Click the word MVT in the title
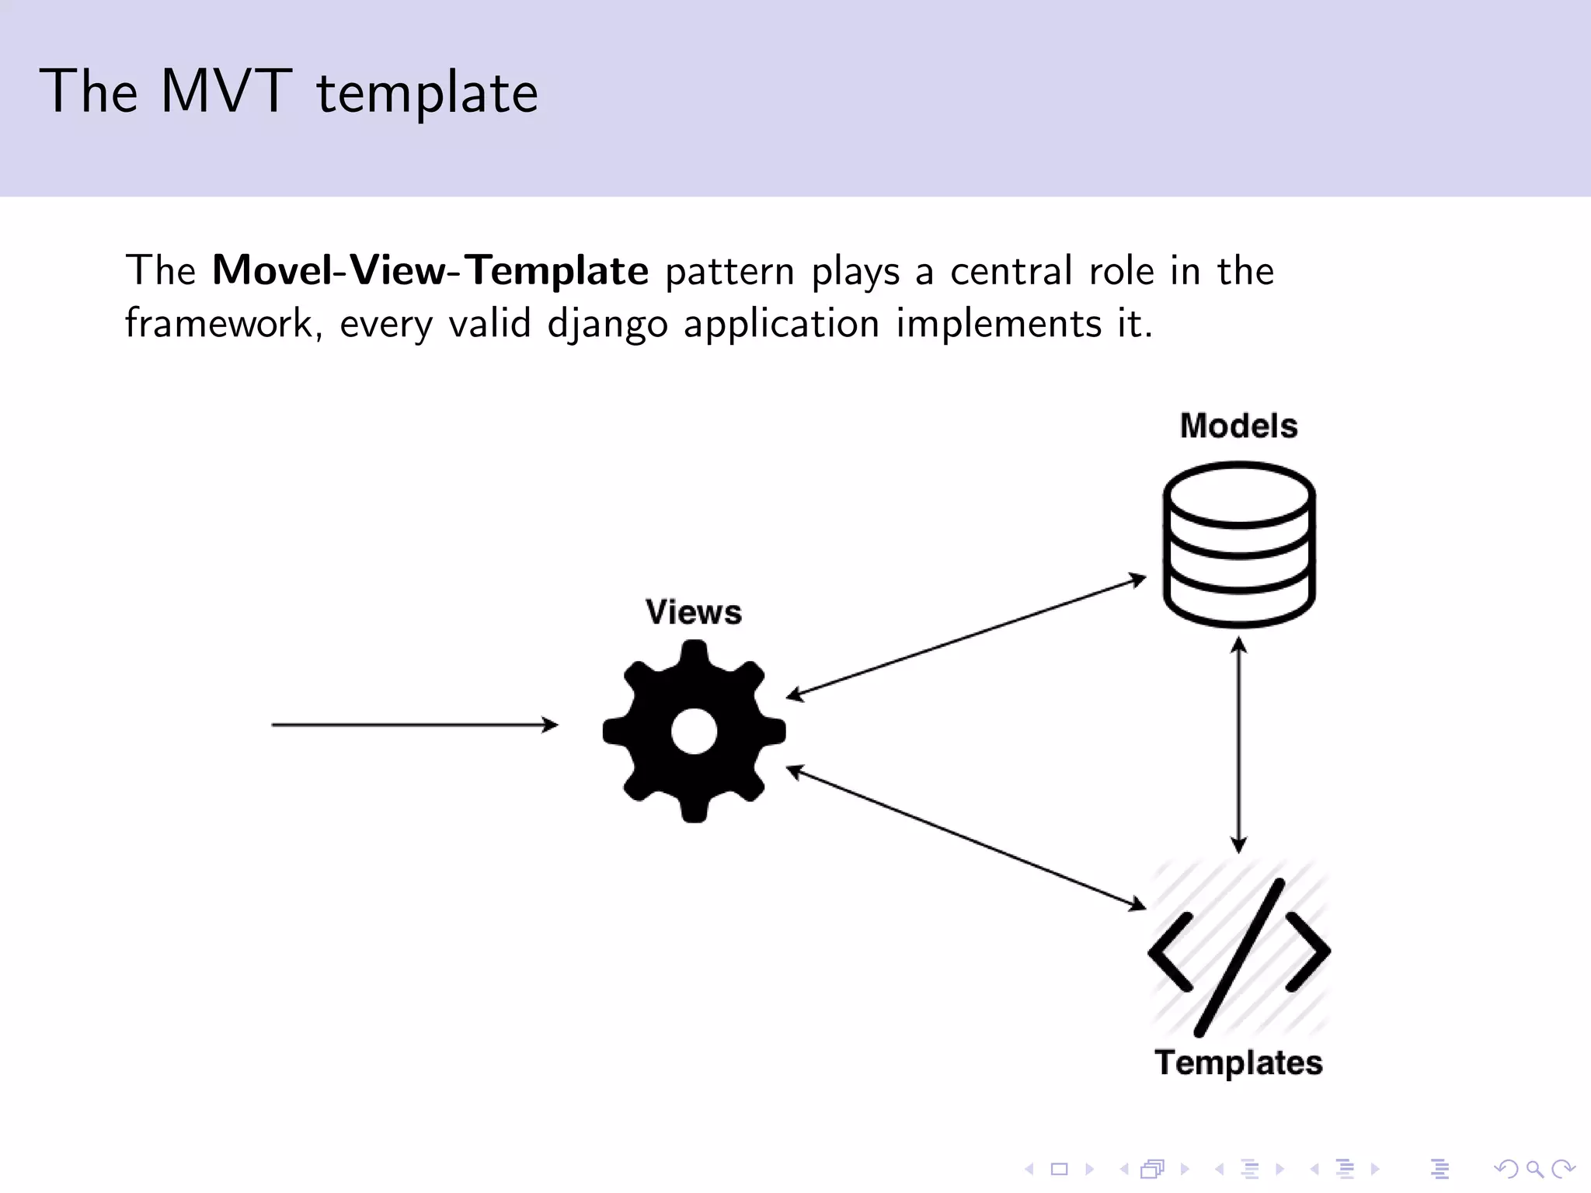(x=226, y=92)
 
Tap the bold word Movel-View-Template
(x=430, y=270)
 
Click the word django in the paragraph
(x=607, y=324)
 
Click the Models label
(x=1238, y=426)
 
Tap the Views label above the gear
(x=693, y=612)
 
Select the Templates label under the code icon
(x=1238, y=1063)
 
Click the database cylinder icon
(x=1238, y=544)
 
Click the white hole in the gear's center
(x=693, y=732)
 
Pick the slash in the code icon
(x=1238, y=957)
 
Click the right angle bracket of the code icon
(x=1307, y=952)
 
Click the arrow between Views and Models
(x=966, y=636)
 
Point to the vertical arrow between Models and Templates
(x=1238, y=746)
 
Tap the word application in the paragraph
(x=781, y=324)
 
